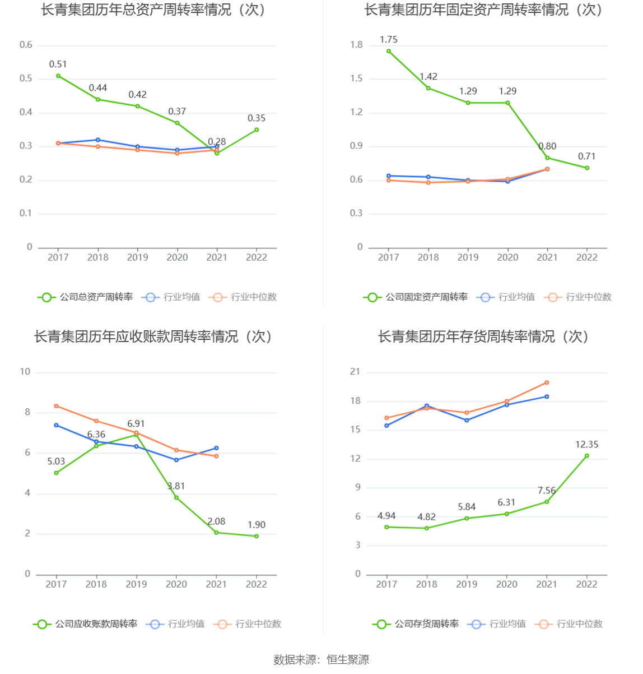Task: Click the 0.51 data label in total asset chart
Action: pyautogui.click(x=58, y=64)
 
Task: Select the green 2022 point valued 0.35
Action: pyautogui.click(x=257, y=130)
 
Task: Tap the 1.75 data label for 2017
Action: pyautogui.click(x=388, y=40)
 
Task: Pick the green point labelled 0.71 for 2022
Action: pyautogui.click(x=587, y=168)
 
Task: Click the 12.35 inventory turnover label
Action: pyautogui.click(x=586, y=445)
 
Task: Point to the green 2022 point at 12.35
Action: pyautogui.click(x=587, y=456)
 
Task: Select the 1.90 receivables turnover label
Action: pyautogui.click(x=257, y=525)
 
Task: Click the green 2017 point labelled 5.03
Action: pyautogui.click(x=56, y=473)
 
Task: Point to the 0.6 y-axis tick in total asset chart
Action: pyautogui.click(x=26, y=45)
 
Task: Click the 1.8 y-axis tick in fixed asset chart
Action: pyautogui.click(x=356, y=45)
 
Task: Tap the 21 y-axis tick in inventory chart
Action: pyautogui.click(x=355, y=372)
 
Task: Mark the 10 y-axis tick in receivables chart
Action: pyautogui.click(x=25, y=372)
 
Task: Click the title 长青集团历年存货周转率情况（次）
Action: pyautogui.click(x=483, y=336)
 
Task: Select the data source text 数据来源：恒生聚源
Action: pyautogui.click(x=321, y=659)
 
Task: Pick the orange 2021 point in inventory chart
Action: pyautogui.click(x=547, y=382)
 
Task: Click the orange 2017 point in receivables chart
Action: pyautogui.click(x=56, y=405)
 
